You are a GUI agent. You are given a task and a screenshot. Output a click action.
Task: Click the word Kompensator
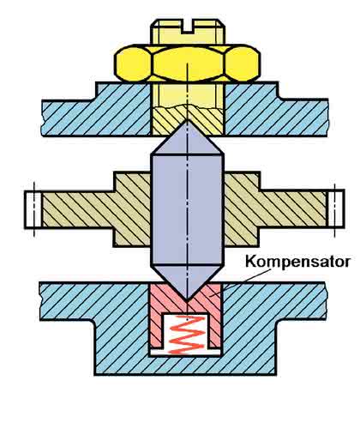click(297, 262)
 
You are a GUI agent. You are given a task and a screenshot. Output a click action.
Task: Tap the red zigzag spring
click(187, 335)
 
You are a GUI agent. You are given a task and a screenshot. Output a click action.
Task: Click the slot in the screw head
click(187, 26)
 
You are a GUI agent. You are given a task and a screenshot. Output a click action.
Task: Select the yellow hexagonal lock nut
click(187, 63)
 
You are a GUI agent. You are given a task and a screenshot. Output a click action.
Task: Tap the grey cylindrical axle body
click(187, 210)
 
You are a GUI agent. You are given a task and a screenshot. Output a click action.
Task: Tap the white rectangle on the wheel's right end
click(335, 208)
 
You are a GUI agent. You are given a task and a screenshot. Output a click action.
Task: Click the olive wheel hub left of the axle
click(132, 209)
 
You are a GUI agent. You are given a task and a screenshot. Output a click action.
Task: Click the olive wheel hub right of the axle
click(242, 209)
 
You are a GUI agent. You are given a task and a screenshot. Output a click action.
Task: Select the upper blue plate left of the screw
click(97, 112)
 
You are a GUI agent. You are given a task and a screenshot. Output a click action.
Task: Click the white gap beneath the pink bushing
click(186, 353)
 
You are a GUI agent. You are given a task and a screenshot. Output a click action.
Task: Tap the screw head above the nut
click(188, 32)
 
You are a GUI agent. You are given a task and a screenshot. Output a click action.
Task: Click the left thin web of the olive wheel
click(78, 209)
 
